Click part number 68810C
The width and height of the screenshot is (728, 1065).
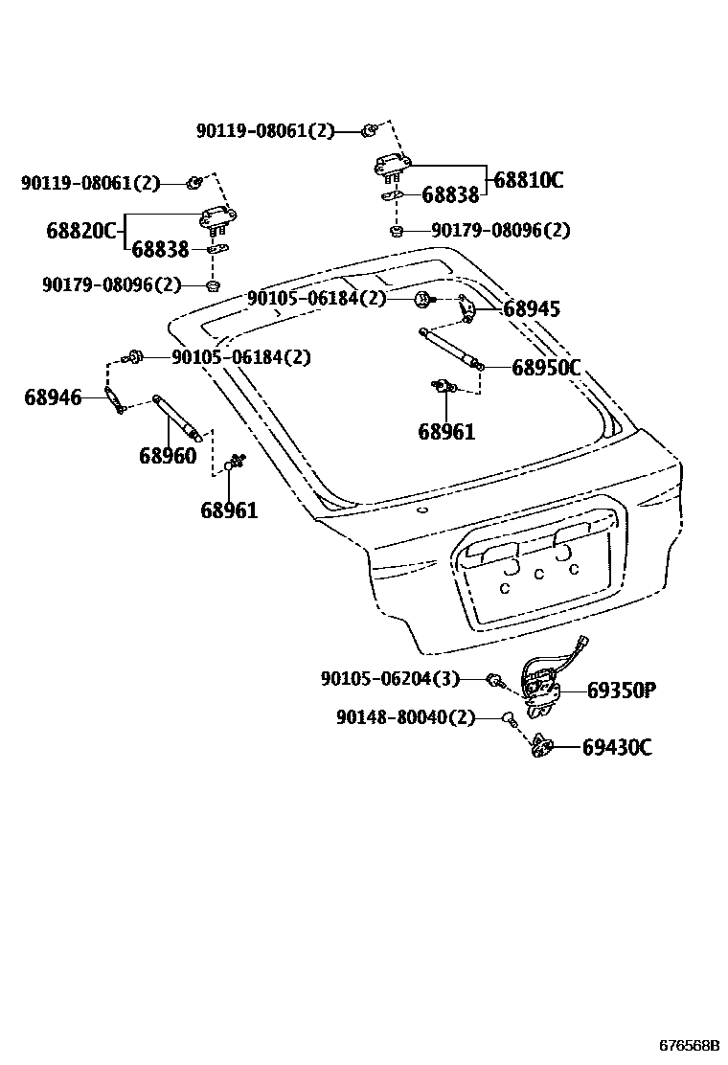(x=528, y=179)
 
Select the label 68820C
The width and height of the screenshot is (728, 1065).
(x=80, y=231)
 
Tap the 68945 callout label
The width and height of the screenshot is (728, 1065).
(x=532, y=309)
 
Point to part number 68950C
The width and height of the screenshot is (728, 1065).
(x=546, y=367)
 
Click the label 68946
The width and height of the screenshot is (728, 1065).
(x=53, y=397)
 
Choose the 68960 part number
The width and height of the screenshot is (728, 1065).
(x=168, y=456)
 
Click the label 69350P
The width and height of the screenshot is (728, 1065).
(x=621, y=690)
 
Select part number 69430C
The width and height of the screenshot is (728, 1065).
(x=617, y=747)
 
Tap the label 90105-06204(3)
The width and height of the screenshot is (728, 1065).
(x=390, y=679)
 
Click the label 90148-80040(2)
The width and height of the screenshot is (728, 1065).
(x=405, y=717)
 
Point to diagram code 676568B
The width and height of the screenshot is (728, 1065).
(x=688, y=1047)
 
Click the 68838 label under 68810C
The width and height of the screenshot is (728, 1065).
(x=450, y=195)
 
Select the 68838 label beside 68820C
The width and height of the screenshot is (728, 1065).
(x=160, y=250)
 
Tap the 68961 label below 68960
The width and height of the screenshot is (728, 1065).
(x=229, y=510)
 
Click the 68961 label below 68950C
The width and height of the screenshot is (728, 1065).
(x=446, y=432)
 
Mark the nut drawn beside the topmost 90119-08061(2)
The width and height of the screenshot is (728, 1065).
(x=369, y=129)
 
